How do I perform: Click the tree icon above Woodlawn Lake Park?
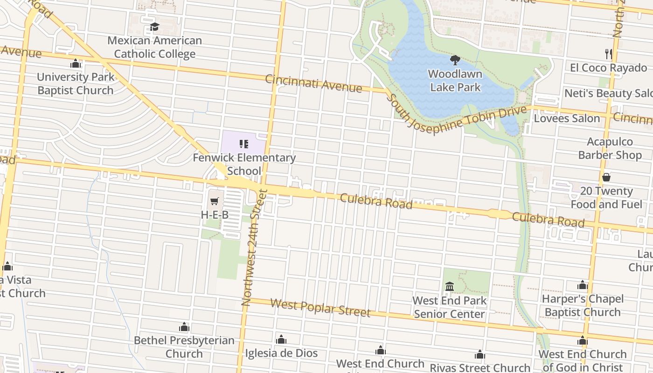pyautogui.click(x=455, y=60)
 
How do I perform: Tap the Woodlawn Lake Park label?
pyautogui.click(x=455, y=80)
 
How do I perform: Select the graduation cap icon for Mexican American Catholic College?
pyautogui.click(x=154, y=27)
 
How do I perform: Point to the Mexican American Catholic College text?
pyautogui.click(x=154, y=47)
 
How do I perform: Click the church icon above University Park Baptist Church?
pyautogui.click(x=76, y=63)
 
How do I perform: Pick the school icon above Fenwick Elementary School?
pyautogui.click(x=244, y=144)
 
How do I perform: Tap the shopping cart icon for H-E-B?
pyautogui.click(x=215, y=201)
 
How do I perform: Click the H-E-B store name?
pyautogui.click(x=215, y=215)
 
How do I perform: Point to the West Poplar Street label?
pyautogui.click(x=320, y=308)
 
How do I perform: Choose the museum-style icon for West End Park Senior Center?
pyautogui.click(x=450, y=286)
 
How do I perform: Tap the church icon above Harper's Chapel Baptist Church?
pyautogui.click(x=582, y=285)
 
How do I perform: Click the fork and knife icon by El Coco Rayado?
pyautogui.click(x=608, y=54)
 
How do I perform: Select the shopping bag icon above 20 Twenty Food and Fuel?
pyautogui.click(x=606, y=177)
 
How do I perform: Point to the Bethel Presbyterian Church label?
pyautogui.click(x=184, y=347)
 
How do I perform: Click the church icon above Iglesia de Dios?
pyautogui.click(x=281, y=340)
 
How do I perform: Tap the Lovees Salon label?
pyautogui.click(x=567, y=118)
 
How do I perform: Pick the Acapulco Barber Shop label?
pyautogui.click(x=610, y=148)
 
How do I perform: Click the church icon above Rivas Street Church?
pyautogui.click(x=480, y=355)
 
